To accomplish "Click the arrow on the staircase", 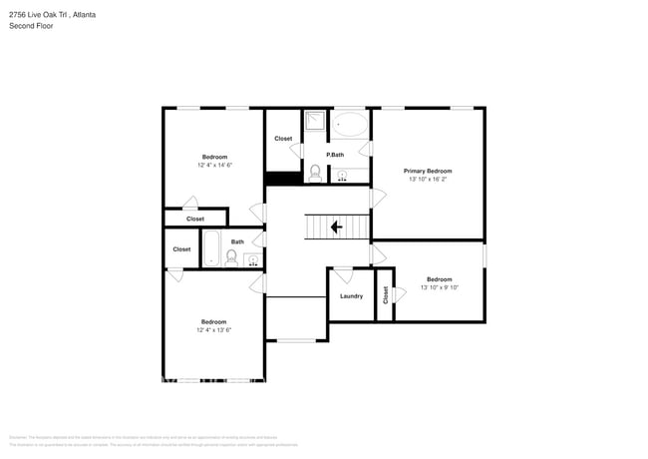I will [x=336, y=228].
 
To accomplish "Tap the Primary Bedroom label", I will [x=428, y=171].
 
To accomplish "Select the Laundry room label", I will [x=351, y=295].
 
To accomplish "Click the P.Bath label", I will [x=335, y=155].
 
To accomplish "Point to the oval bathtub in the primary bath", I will [x=350, y=125].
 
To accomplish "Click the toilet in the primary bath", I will [x=315, y=174].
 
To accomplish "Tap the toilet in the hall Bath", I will [x=231, y=258].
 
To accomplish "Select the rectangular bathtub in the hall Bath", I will [x=211, y=249].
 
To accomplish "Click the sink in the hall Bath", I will [x=252, y=260].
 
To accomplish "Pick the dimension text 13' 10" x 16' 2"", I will [x=428, y=181].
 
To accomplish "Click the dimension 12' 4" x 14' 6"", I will [x=214, y=165].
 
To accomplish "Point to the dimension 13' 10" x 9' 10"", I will [x=439, y=287].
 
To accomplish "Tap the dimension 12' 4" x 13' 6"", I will [x=213, y=330].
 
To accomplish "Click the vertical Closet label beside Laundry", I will [x=385, y=296].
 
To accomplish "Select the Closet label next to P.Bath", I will [x=283, y=139].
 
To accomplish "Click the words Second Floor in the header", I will [x=31, y=26].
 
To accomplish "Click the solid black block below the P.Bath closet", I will [x=283, y=179].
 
